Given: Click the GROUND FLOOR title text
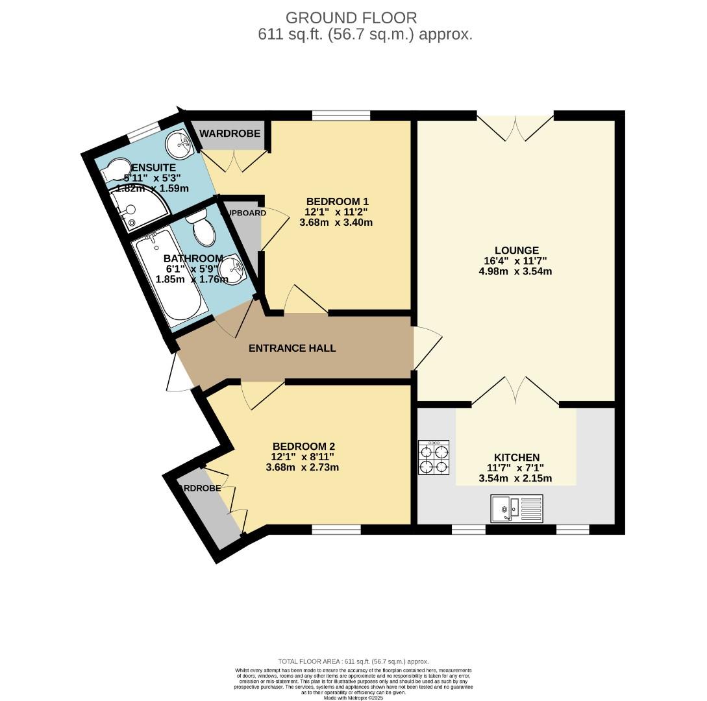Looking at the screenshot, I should pyautogui.click(x=351, y=18).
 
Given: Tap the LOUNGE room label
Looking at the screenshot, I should pyautogui.click(x=516, y=250).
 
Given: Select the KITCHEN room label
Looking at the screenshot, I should pyautogui.click(x=516, y=457).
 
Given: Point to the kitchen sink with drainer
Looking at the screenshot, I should pyautogui.click(x=517, y=508).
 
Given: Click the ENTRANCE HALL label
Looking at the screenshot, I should pyautogui.click(x=292, y=348).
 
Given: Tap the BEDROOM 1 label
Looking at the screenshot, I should pyautogui.click(x=336, y=201).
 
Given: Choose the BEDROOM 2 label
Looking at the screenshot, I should pyautogui.click(x=303, y=446).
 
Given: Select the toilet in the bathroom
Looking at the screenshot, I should pyautogui.click(x=203, y=228).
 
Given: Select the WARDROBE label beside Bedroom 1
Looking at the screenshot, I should pyautogui.click(x=229, y=133).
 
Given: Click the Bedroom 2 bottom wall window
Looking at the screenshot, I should pyautogui.click(x=336, y=530).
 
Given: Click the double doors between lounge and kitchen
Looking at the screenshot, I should pyautogui.click(x=515, y=393).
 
